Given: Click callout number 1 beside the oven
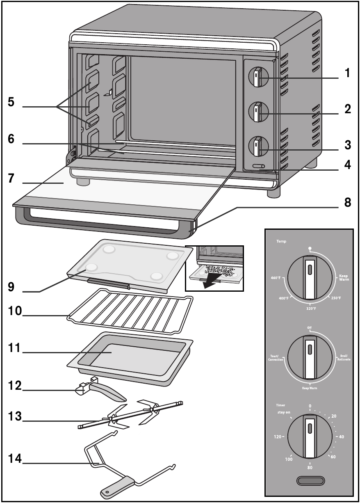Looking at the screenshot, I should pyautogui.click(x=347, y=74).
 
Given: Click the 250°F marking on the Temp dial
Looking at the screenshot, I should pyautogui.click(x=335, y=298).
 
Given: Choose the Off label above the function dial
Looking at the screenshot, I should pyautogui.click(x=310, y=327).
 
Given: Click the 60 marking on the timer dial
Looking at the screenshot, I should pyautogui.click(x=333, y=457).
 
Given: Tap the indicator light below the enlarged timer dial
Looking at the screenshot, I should pyautogui.click(x=310, y=481).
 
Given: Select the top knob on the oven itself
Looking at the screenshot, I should pyautogui.click(x=258, y=77).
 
